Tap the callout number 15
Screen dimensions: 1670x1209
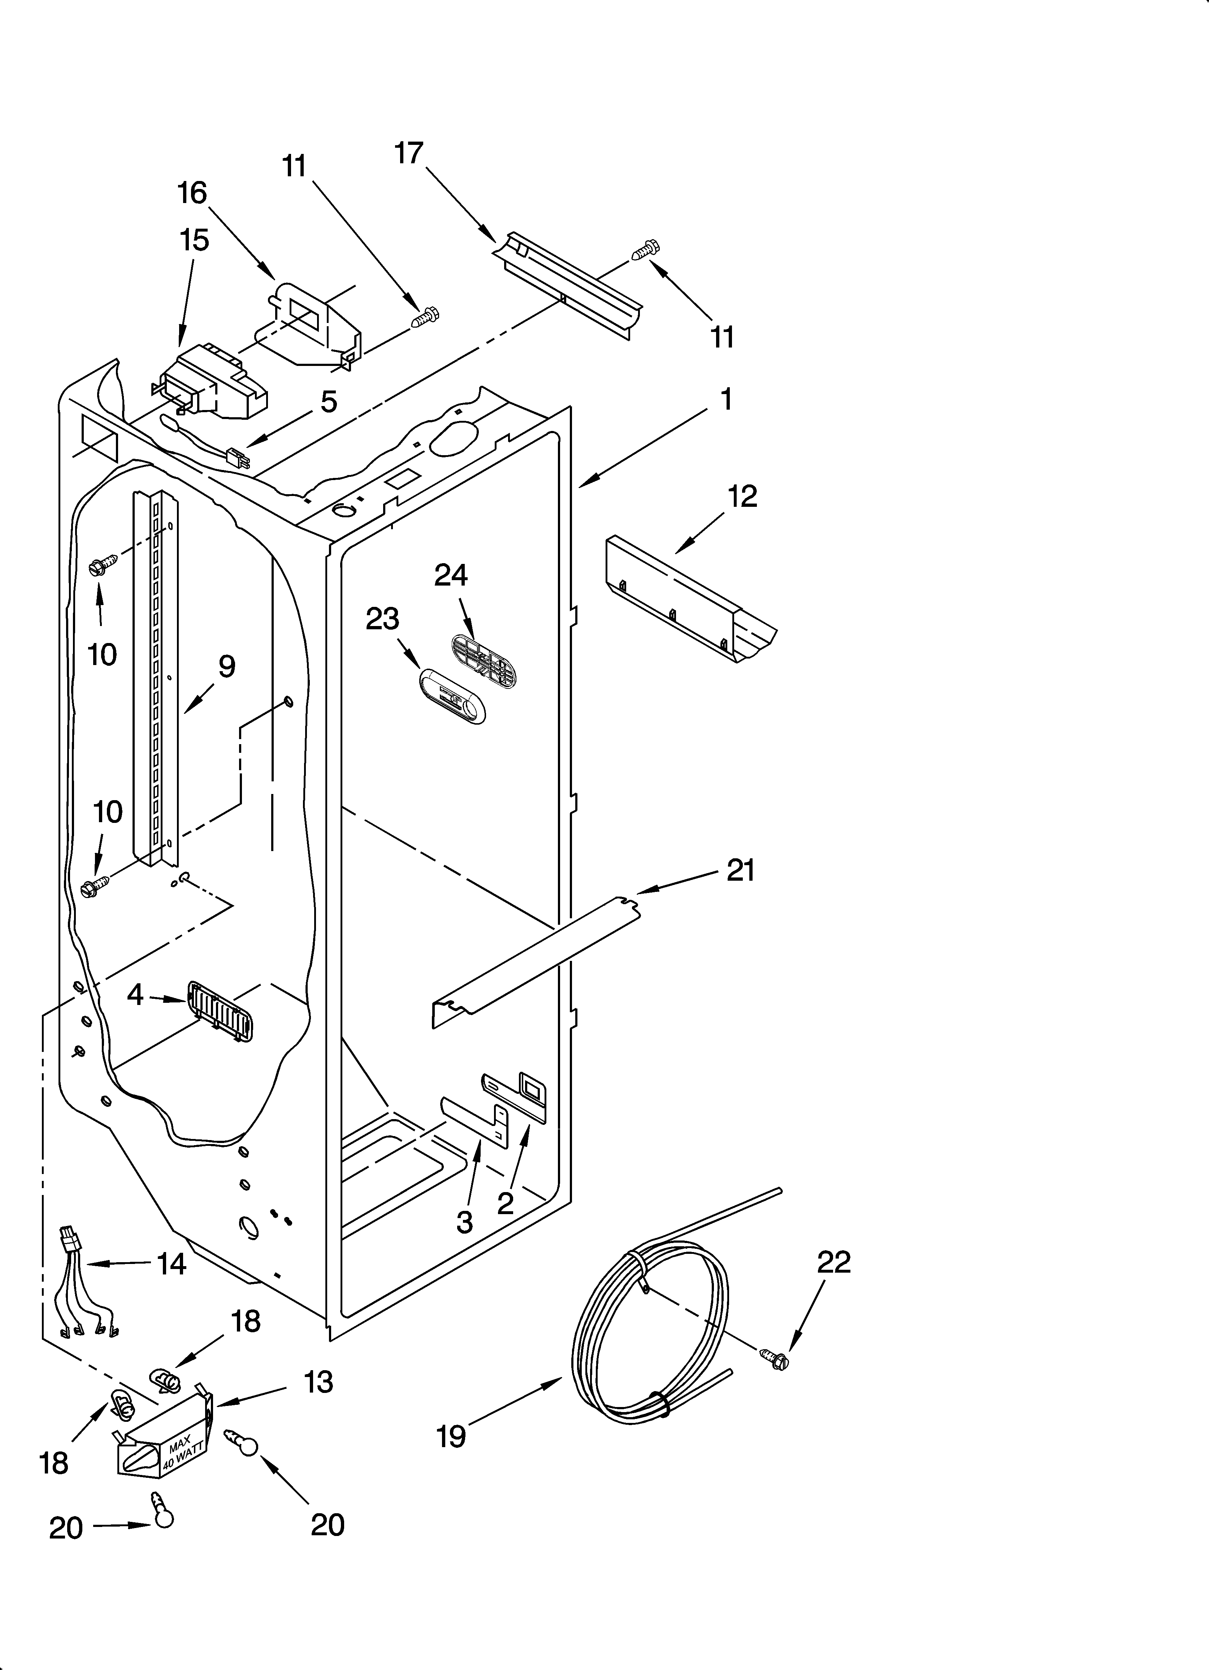coord(194,240)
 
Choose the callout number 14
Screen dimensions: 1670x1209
coord(171,1264)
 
